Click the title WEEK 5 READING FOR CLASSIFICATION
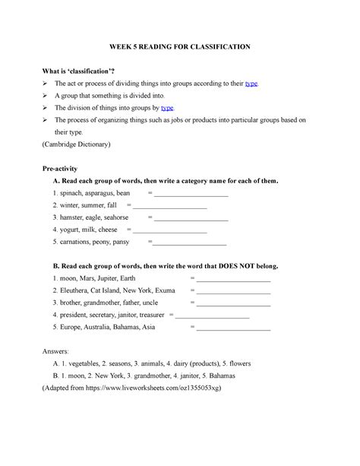tap(179, 46)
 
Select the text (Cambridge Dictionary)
tap(79, 144)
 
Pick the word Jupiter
tap(109, 279)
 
